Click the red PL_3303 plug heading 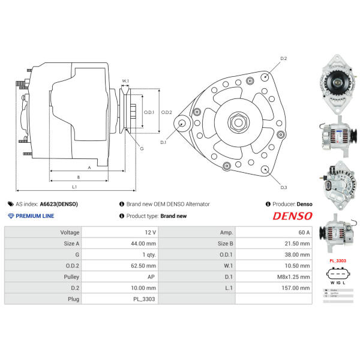[x=337, y=260]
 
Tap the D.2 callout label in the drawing [x=284, y=58]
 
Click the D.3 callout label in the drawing [x=284, y=187]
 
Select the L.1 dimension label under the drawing [x=74, y=188]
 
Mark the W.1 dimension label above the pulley [x=125, y=80]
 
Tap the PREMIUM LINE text [x=35, y=216]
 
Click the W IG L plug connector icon [x=337, y=275]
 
